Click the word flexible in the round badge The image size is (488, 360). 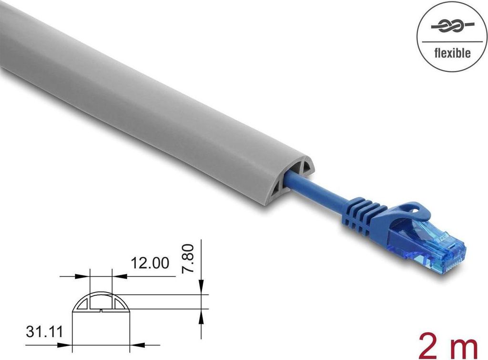click(x=452, y=53)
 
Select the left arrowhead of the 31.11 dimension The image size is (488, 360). click(x=75, y=346)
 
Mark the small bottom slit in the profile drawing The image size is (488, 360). click(x=102, y=312)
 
